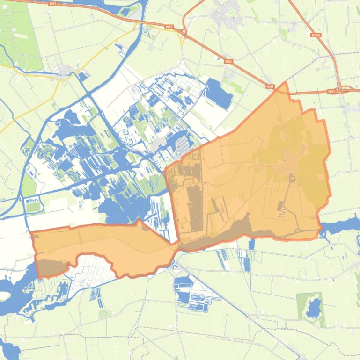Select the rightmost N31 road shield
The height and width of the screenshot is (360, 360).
point(331,92)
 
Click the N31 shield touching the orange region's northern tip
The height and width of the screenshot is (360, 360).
point(270,86)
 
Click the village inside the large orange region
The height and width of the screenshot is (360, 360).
point(286,168)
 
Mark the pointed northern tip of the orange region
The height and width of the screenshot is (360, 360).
point(285,83)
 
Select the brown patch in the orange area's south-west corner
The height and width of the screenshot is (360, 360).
point(49,267)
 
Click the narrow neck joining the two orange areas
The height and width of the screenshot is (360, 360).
point(177,245)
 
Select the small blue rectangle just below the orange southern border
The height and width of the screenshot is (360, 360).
point(251,244)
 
